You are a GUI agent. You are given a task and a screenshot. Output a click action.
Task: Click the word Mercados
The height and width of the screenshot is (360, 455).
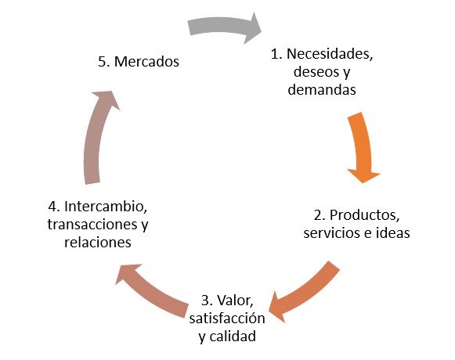[146, 62]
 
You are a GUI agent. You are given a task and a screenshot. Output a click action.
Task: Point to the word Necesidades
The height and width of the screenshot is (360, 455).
[330, 54]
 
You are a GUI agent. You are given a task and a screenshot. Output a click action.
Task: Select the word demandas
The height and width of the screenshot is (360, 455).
[322, 89]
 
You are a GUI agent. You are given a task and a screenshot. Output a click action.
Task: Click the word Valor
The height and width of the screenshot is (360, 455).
[236, 301]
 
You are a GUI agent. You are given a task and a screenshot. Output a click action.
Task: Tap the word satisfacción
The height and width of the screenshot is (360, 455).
[227, 319]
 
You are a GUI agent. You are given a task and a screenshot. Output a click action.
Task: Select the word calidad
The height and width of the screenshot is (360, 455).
[233, 337]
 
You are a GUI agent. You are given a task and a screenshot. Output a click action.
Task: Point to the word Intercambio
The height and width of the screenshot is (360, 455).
[106, 207]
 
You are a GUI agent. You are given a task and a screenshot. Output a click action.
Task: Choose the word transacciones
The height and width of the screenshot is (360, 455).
[92, 225]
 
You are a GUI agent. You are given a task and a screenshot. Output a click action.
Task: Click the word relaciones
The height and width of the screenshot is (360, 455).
[98, 243]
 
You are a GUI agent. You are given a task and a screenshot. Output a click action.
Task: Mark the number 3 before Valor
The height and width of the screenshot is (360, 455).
[207, 301]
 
